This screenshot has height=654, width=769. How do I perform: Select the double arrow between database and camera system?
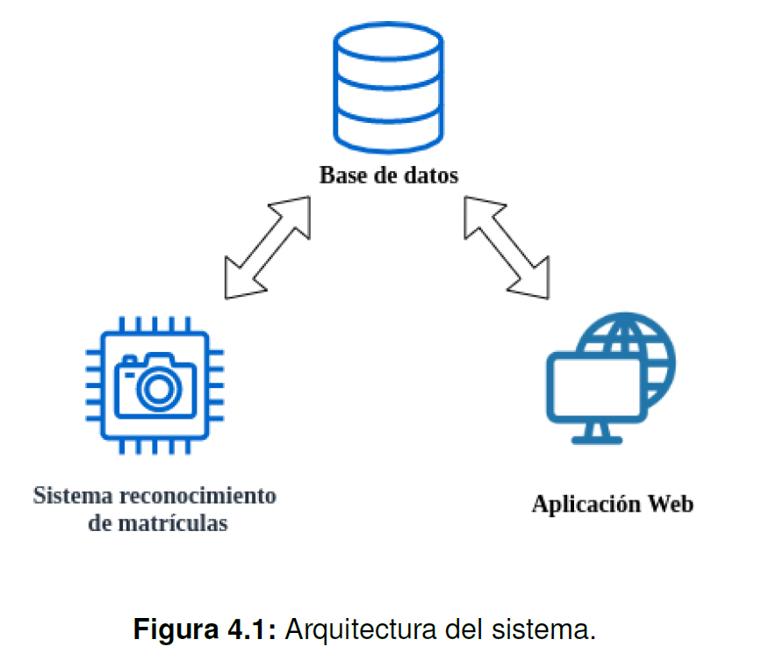click(x=268, y=248)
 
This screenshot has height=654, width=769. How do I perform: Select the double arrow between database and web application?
click(x=507, y=248)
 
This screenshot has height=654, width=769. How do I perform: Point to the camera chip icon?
click(x=155, y=386)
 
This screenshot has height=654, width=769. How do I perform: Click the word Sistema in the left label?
click(x=73, y=496)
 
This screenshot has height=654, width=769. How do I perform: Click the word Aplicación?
click(x=586, y=505)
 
